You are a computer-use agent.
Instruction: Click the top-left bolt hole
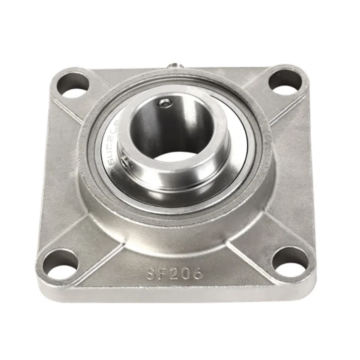pos(73,83)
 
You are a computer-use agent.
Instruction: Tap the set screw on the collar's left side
pos(126,164)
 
